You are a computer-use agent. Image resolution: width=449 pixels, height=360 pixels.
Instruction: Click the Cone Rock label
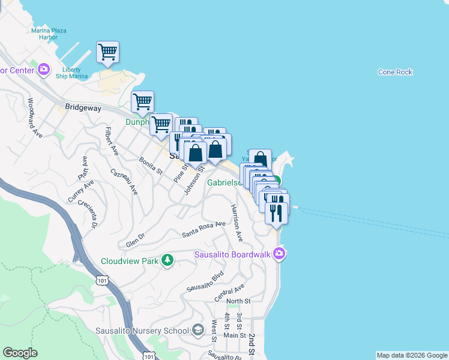coord(395,72)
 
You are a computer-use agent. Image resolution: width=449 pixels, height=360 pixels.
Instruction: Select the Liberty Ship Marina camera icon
coord(43,70)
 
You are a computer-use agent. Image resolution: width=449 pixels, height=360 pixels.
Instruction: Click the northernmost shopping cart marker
coord(107,52)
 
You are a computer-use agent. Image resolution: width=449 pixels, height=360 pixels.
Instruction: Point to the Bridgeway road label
coord(82,107)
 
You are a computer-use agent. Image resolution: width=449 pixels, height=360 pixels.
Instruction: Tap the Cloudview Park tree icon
coord(169,260)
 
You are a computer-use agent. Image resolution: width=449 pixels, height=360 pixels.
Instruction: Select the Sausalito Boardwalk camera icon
coord(279,254)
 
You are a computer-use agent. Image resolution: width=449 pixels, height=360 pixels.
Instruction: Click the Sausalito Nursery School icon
coord(198,330)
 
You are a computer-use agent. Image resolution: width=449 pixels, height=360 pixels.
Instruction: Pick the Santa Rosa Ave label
coord(203,227)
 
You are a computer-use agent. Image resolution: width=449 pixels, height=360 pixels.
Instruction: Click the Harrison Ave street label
coord(236,223)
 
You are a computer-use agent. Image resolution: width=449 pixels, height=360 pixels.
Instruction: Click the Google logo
coord(20,353)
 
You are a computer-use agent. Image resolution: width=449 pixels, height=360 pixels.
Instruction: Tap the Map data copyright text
coord(411,355)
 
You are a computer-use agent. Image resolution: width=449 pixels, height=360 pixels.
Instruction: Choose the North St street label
coord(238,301)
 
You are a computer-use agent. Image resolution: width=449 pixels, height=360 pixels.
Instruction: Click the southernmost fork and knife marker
coord(276,213)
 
